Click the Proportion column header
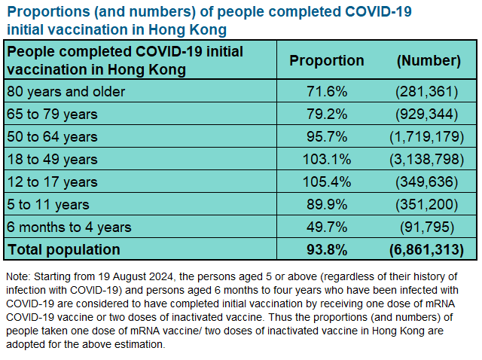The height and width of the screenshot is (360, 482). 327,61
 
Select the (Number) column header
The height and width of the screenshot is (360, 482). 428,61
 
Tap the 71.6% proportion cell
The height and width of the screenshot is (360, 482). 327,92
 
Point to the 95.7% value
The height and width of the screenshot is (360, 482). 327,137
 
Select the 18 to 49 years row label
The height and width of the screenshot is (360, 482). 52,160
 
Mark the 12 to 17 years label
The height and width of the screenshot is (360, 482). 52,182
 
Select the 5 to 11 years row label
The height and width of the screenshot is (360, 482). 47,205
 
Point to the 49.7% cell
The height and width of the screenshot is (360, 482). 327,227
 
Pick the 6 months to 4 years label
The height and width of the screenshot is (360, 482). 69,227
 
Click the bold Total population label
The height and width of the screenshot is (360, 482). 63,249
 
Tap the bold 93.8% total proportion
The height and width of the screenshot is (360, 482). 327,249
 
